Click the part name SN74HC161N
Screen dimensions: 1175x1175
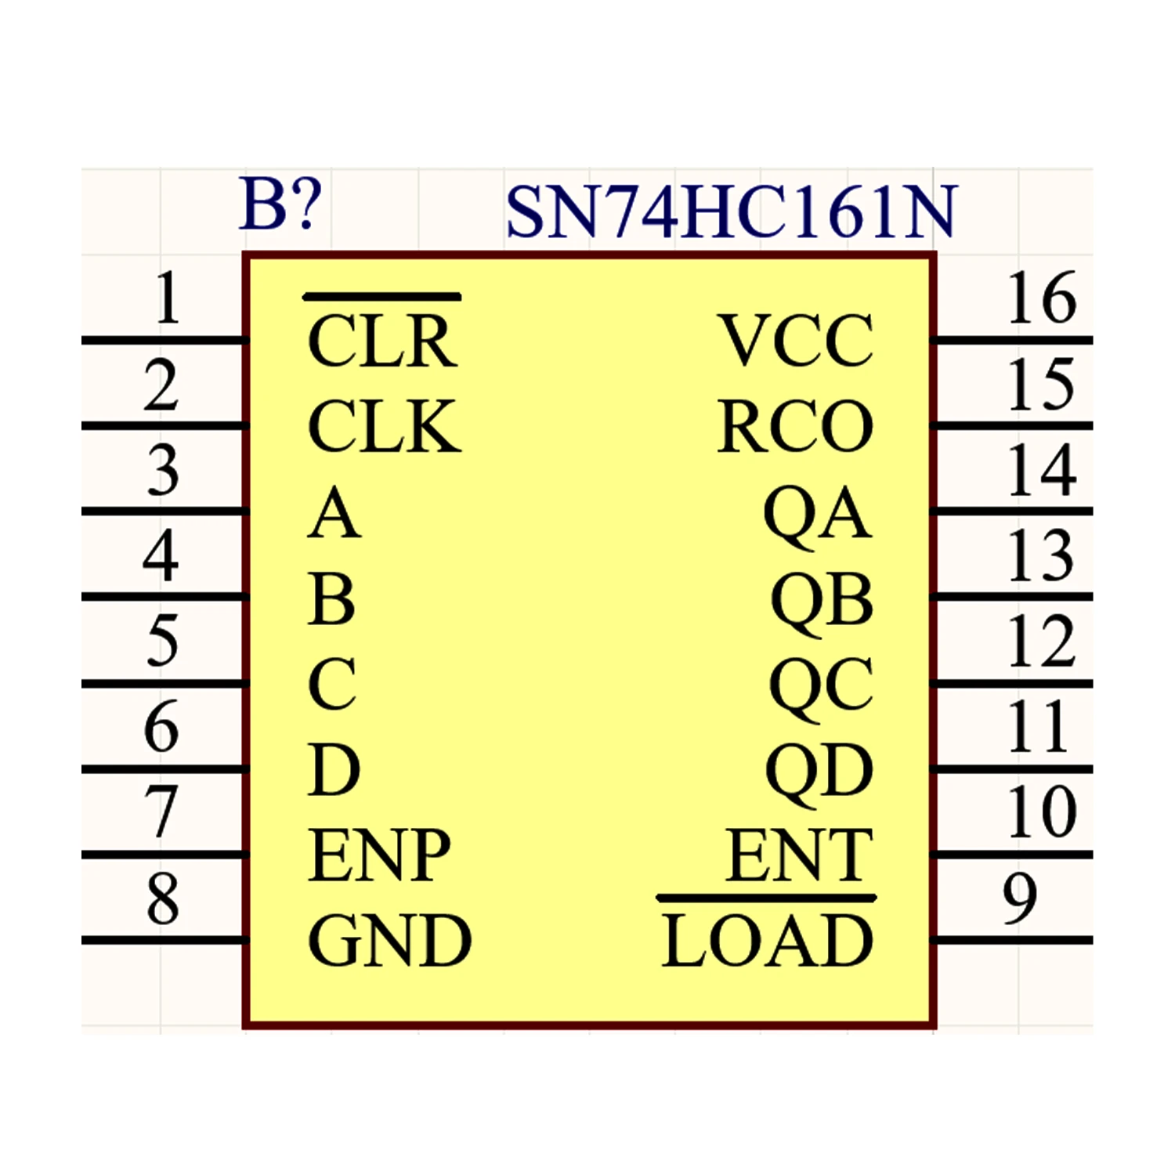tap(731, 211)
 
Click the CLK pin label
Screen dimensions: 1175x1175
tap(384, 426)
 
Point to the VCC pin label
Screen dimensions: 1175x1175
tap(796, 341)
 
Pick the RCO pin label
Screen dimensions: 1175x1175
tap(795, 426)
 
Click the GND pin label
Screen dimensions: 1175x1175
tap(389, 940)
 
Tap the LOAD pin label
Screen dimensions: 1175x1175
tap(768, 940)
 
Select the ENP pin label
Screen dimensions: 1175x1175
tap(379, 855)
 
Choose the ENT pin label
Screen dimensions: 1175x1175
tap(799, 855)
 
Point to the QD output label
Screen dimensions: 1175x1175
tap(819, 772)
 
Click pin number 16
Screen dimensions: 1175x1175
tap(1042, 298)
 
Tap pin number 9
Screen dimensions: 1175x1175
tap(1020, 898)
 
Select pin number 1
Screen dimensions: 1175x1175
tap(167, 298)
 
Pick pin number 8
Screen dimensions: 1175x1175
tap(162, 898)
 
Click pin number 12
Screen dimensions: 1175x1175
tap(1042, 641)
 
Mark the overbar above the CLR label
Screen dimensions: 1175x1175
tap(382, 296)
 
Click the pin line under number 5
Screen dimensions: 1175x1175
tap(165, 684)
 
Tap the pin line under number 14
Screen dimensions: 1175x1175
tap(1011, 512)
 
